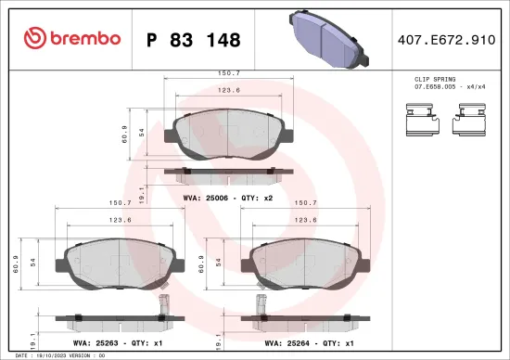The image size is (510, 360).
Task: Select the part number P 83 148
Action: tap(194, 40)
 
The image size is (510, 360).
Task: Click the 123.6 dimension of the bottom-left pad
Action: tap(116, 220)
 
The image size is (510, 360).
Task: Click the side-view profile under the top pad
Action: tap(222, 173)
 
